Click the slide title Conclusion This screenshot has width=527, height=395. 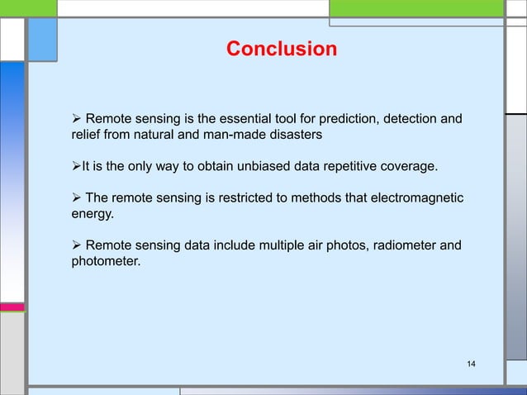point(282,50)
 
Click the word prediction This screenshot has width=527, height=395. point(337,122)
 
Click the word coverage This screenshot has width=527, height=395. point(408,168)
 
